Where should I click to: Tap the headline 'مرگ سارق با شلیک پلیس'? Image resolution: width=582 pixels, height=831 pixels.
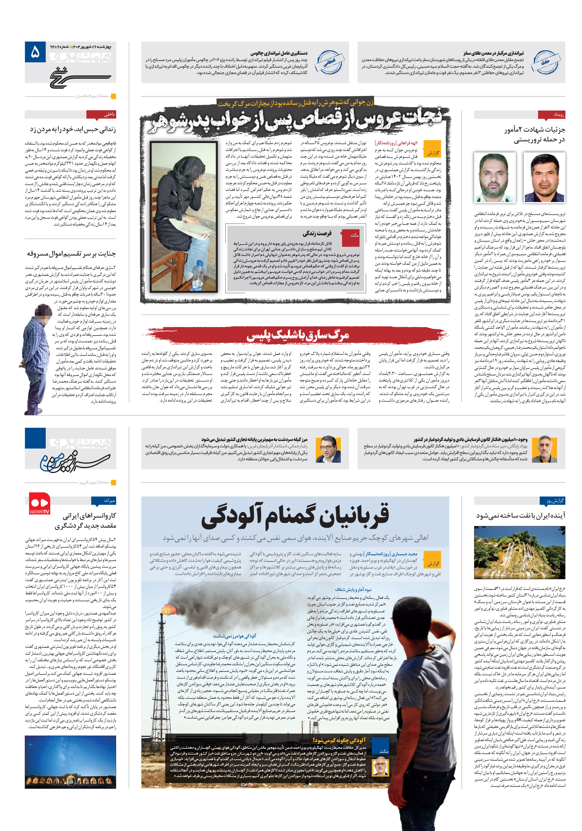[297, 336]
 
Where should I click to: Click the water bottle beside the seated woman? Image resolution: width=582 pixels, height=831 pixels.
[198, 276]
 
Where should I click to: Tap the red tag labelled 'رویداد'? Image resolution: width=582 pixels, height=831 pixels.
[552, 114]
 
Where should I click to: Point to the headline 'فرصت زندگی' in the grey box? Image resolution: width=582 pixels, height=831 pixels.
[317, 233]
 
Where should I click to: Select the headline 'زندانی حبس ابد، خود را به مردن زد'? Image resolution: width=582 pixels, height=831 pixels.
[73, 129]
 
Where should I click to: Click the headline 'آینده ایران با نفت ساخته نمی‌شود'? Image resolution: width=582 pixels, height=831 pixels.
[520, 515]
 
